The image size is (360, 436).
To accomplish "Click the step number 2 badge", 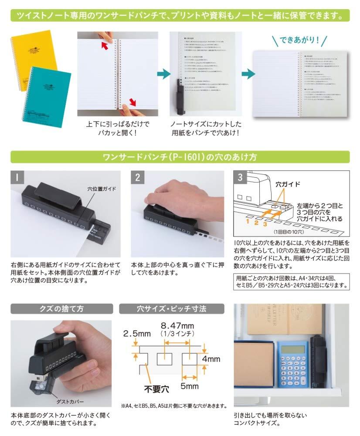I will coord(137,177).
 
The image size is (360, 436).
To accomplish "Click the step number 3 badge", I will coord(241,177).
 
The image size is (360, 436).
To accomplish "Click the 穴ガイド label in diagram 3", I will coord(289,184).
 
